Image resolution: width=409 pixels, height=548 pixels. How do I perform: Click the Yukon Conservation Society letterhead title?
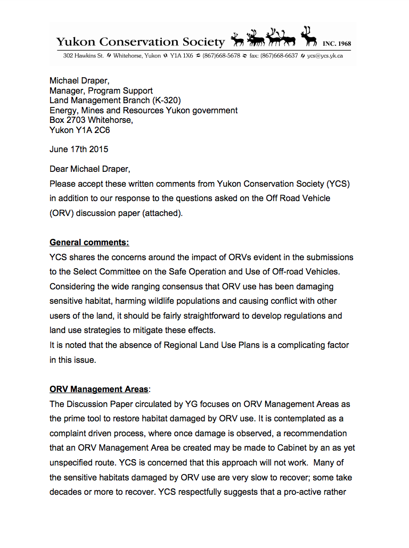pyautogui.click(x=141, y=42)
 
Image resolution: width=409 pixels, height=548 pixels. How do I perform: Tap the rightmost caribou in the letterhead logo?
pyautogui.click(x=308, y=37)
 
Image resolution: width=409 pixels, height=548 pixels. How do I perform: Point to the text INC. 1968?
pyautogui.click(x=337, y=44)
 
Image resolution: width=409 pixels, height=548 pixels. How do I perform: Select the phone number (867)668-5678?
pyautogui.click(x=221, y=56)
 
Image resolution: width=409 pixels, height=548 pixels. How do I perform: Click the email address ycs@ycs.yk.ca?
pyautogui.click(x=325, y=56)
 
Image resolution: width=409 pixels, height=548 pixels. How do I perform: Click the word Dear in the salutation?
pyautogui.click(x=59, y=170)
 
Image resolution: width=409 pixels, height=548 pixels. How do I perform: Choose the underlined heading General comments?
pyautogui.click(x=89, y=243)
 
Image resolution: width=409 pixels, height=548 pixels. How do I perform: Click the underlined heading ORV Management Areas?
pyautogui.click(x=99, y=389)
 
